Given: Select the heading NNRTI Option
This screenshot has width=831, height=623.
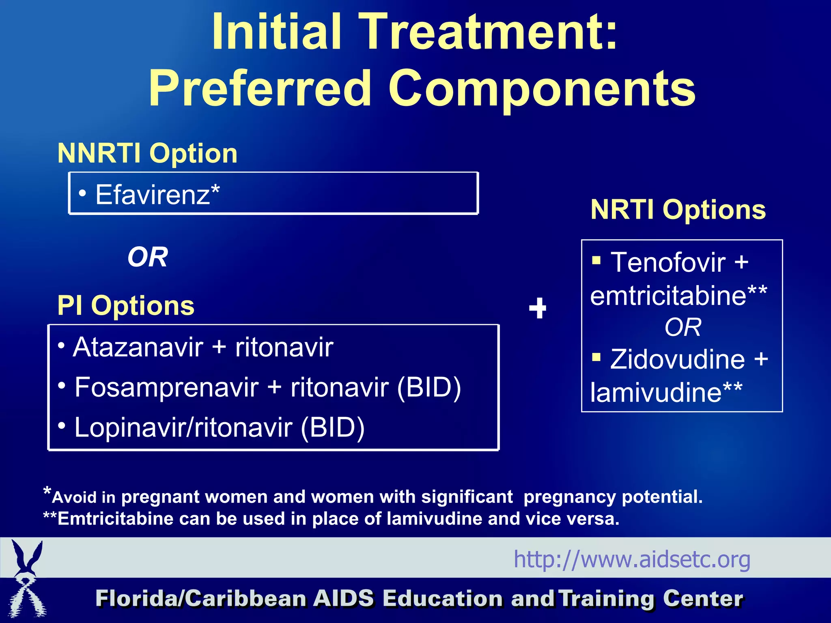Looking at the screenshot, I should coord(147,153).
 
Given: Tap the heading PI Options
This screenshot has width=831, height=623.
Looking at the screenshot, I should coord(126,305).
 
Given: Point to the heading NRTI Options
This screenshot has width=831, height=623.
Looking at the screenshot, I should coord(678,210).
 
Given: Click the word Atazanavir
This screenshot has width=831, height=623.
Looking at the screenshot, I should coord(138,348).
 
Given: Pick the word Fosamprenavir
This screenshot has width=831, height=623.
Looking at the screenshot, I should coord(166,387).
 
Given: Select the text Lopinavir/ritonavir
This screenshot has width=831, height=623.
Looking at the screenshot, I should coord(183,428).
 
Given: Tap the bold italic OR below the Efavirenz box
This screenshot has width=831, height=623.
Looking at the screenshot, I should coord(147,257).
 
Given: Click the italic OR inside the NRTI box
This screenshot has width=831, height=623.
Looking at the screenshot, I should coord(682,327).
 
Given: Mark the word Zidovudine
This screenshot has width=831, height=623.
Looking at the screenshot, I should coord(677,359).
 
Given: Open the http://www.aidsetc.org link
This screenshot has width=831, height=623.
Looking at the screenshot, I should coord(632,559).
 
